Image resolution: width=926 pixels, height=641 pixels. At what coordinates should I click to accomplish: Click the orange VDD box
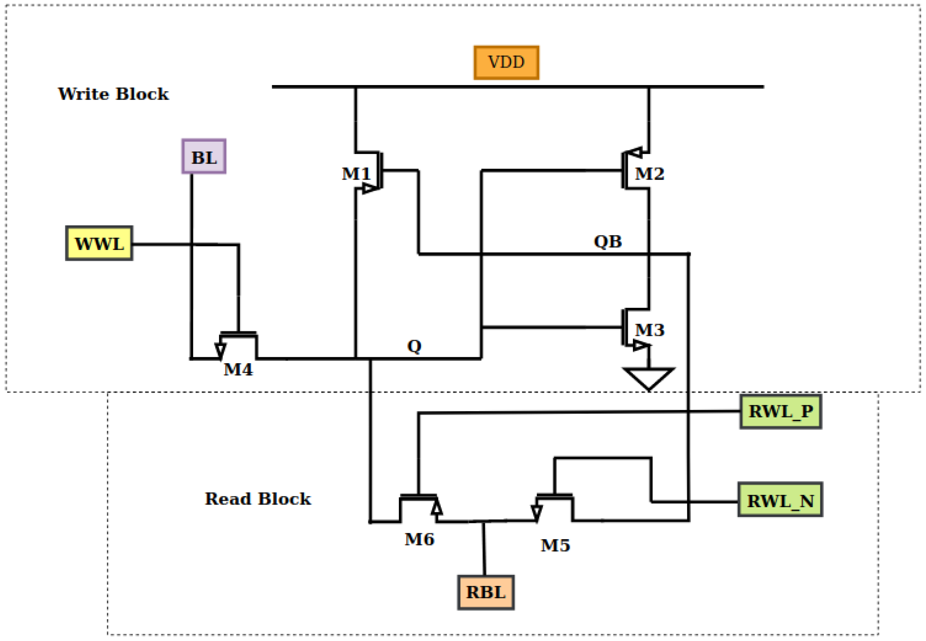pos(506,63)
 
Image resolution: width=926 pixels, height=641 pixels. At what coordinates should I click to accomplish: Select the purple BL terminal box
pos(204,157)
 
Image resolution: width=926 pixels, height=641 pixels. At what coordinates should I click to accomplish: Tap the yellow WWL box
pos(99,243)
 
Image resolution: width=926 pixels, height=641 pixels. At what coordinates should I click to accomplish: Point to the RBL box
pos(485,593)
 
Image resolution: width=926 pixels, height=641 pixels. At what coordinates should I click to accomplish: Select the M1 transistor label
pos(356,174)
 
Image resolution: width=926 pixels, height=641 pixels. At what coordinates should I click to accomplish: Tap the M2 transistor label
pos(649,174)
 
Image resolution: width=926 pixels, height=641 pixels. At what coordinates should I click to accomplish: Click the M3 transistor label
pos(649,330)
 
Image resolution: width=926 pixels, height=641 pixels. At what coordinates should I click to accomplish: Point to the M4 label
pos(238,369)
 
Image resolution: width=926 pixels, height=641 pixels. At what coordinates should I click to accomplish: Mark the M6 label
pos(419,540)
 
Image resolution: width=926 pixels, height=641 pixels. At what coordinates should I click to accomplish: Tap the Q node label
pos(414,346)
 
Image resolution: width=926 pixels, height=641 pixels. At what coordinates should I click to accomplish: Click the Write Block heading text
pos(113,94)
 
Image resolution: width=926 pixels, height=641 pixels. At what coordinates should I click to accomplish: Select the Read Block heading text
pos(258,499)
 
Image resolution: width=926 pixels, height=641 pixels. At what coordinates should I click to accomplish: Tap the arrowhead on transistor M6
pos(436,507)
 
